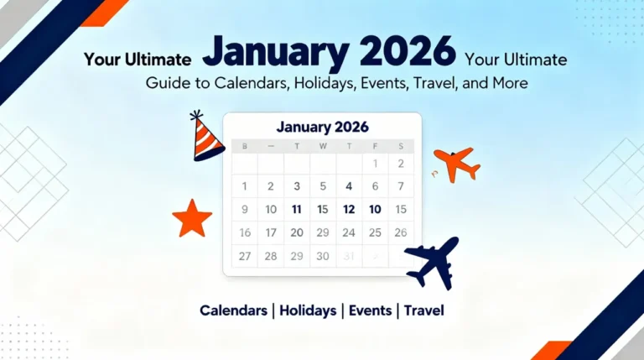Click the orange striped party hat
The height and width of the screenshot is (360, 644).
206,138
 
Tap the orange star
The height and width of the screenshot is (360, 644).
192,218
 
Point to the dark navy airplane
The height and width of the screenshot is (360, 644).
433,261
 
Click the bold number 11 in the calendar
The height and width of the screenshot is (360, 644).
296,210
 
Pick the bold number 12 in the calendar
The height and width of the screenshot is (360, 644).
349,210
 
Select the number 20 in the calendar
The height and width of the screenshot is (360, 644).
296,232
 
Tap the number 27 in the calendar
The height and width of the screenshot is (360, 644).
244,256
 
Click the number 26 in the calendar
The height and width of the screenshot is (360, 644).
400,232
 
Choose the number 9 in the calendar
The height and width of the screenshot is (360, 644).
244,210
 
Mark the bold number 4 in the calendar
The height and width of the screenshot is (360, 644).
349,186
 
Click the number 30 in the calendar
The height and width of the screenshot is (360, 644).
322,256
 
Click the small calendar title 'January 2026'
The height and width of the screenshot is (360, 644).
322,127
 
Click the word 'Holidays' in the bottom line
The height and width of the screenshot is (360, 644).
308,310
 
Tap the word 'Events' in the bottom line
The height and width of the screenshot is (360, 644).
370,310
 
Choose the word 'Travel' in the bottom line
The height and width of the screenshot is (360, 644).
423,310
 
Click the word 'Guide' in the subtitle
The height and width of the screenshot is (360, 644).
164,83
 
